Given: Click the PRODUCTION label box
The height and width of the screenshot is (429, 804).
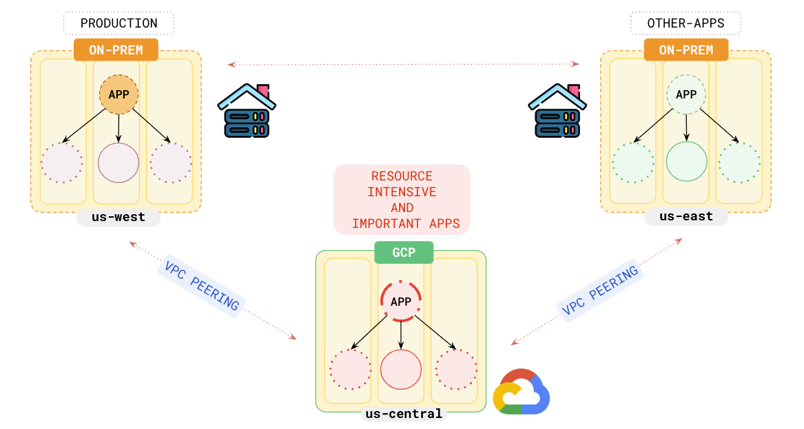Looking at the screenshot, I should [118, 23].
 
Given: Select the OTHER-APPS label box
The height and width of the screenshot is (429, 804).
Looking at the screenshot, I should [686, 23].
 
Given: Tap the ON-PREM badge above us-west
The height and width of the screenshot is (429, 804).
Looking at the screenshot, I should [116, 50].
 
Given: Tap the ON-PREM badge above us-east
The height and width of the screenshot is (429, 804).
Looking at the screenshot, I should [686, 50].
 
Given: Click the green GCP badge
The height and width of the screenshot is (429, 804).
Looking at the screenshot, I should [404, 253].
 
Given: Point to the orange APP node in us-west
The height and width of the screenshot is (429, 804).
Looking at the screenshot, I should [119, 94].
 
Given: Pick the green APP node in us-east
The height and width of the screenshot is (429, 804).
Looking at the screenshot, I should [686, 94].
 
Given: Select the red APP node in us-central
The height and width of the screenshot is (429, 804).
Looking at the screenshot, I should [401, 302].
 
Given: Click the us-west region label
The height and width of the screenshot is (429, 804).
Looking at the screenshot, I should [118, 218].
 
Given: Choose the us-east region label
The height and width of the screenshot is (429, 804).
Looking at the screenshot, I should [686, 218].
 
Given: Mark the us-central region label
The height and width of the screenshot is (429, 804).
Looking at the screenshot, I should [404, 414].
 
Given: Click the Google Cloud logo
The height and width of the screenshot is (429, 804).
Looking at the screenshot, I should [522, 392].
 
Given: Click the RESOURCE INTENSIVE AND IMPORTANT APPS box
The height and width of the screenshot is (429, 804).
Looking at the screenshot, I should [402, 200].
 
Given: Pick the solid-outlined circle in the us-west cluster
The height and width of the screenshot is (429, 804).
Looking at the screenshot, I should [118, 163].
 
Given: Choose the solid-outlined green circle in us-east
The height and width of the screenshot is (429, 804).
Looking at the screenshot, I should [686, 162].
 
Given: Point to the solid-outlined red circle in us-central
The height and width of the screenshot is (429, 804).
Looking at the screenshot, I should [401, 370].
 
